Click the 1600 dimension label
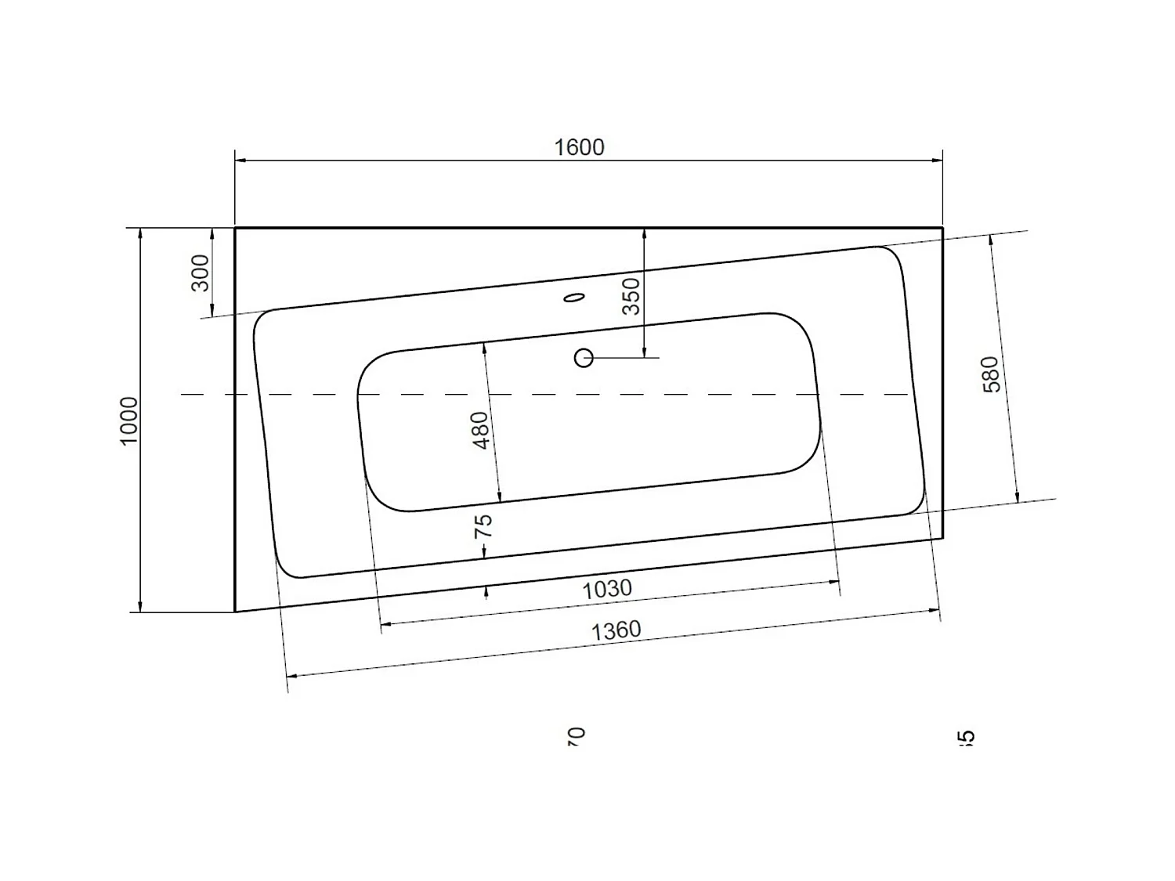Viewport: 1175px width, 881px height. pyautogui.click(x=579, y=147)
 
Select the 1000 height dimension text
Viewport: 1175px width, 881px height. pyautogui.click(x=128, y=421)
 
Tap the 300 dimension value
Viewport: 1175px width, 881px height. pyautogui.click(x=201, y=273)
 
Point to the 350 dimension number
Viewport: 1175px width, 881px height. pyautogui.click(x=631, y=296)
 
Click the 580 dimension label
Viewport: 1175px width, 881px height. pyautogui.click(x=991, y=374)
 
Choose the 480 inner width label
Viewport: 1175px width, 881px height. pyautogui.click(x=481, y=430)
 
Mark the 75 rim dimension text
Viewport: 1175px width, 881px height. pyautogui.click(x=483, y=525)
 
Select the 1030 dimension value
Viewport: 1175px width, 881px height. pyautogui.click(x=607, y=589)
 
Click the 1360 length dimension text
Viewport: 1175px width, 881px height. pyautogui.click(x=616, y=630)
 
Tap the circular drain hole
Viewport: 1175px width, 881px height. pyautogui.click(x=584, y=358)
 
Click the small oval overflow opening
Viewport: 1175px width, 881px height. pyautogui.click(x=575, y=298)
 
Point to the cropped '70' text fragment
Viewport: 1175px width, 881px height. pyautogui.click(x=576, y=737)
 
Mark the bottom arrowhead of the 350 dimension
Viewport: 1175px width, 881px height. pyautogui.click(x=644, y=352)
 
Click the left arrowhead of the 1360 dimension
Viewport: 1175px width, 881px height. pyautogui.click(x=292, y=675)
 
